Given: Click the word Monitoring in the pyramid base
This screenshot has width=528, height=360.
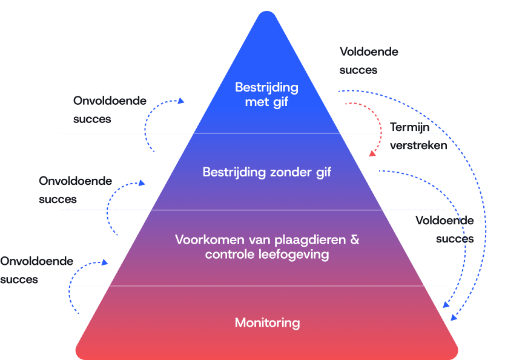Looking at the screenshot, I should click(267, 322).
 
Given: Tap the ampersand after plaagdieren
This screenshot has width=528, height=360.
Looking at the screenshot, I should click(355, 239).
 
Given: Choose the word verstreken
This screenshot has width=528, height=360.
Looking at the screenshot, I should click(418, 145).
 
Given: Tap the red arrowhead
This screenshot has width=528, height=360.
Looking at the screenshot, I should click(372, 154).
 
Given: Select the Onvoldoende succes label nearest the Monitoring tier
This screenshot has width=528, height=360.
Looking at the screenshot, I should click(36, 270).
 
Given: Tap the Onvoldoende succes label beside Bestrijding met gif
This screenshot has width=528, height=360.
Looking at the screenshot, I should click(110, 110).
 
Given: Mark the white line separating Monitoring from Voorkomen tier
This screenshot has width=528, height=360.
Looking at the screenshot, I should click(254, 285).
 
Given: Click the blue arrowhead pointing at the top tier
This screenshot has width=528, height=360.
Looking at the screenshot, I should click(181, 102).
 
